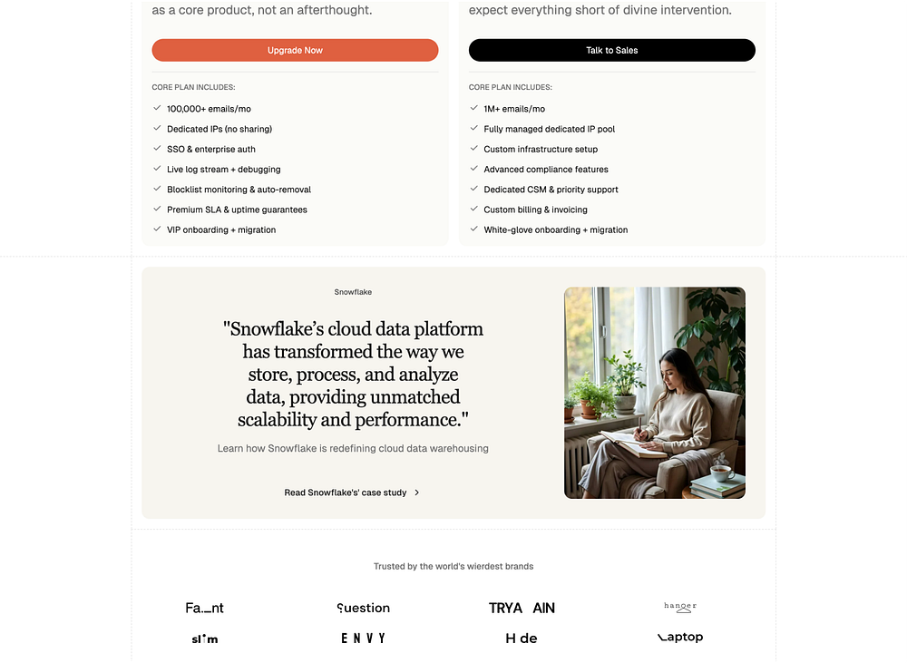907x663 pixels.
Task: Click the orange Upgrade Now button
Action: (x=295, y=50)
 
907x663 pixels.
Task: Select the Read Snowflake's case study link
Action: (x=346, y=492)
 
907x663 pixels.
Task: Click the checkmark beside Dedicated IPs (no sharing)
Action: (x=157, y=129)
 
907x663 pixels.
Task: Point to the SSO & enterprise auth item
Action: (x=210, y=149)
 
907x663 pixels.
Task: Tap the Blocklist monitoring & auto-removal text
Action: (x=239, y=190)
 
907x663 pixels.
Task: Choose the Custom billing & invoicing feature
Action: (x=535, y=210)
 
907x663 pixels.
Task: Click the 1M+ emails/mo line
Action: (x=513, y=109)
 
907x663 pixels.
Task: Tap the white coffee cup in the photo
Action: (x=722, y=473)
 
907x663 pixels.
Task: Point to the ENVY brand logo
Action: (x=363, y=639)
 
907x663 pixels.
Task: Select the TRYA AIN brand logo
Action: (x=522, y=608)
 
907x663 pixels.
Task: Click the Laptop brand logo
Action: (x=680, y=638)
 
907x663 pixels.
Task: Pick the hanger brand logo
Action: (x=680, y=607)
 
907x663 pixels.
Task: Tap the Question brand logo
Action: (x=363, y=608)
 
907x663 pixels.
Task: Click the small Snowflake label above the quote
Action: (x=353, y=292)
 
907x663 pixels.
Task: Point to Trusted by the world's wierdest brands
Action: (x=453, y=566)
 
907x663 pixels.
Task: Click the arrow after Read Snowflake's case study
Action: (x=417, y=492)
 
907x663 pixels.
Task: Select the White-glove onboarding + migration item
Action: (x=555, y=229)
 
